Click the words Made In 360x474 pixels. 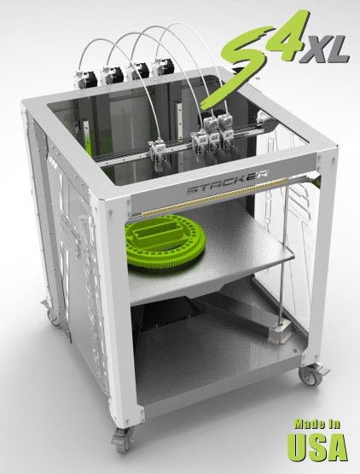(x=317, y=424)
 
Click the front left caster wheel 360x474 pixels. (x=123, y=441)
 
